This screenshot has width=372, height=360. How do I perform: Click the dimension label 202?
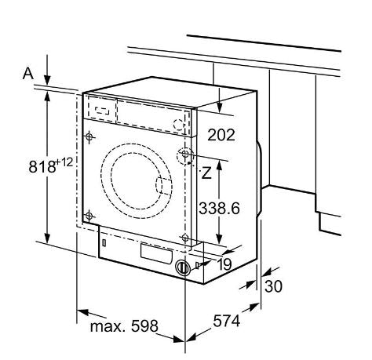click(221, 135)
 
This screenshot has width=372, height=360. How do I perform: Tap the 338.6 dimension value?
click(219, 209)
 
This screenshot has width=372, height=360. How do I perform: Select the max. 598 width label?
click(124, 326)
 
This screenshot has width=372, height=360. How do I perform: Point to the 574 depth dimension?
click(227, 321)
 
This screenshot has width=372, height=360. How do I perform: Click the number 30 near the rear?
click(273, 286)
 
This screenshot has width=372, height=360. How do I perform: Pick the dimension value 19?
click(224, 264)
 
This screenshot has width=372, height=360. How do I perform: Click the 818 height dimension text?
click(42, 166)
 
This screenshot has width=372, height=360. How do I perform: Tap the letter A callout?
click(28, 73)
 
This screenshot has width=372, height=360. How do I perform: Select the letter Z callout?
click(206, 173)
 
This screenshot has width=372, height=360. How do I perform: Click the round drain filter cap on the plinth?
click(183, 267)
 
